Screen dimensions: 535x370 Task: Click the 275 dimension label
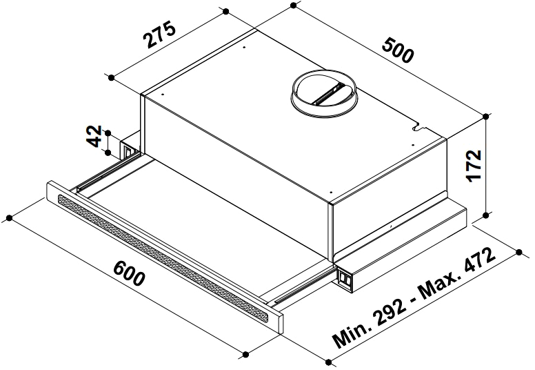(x=160, y=35)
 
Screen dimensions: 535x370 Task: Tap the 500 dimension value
(x=398, y=50)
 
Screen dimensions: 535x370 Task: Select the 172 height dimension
(x=474, y=166)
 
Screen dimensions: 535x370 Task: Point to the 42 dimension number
(x=94, y=136)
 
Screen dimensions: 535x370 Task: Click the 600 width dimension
(x=130, y=273)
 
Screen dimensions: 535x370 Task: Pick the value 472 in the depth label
(x=479, y=262)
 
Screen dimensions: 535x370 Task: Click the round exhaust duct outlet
(x=323, y=94)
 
